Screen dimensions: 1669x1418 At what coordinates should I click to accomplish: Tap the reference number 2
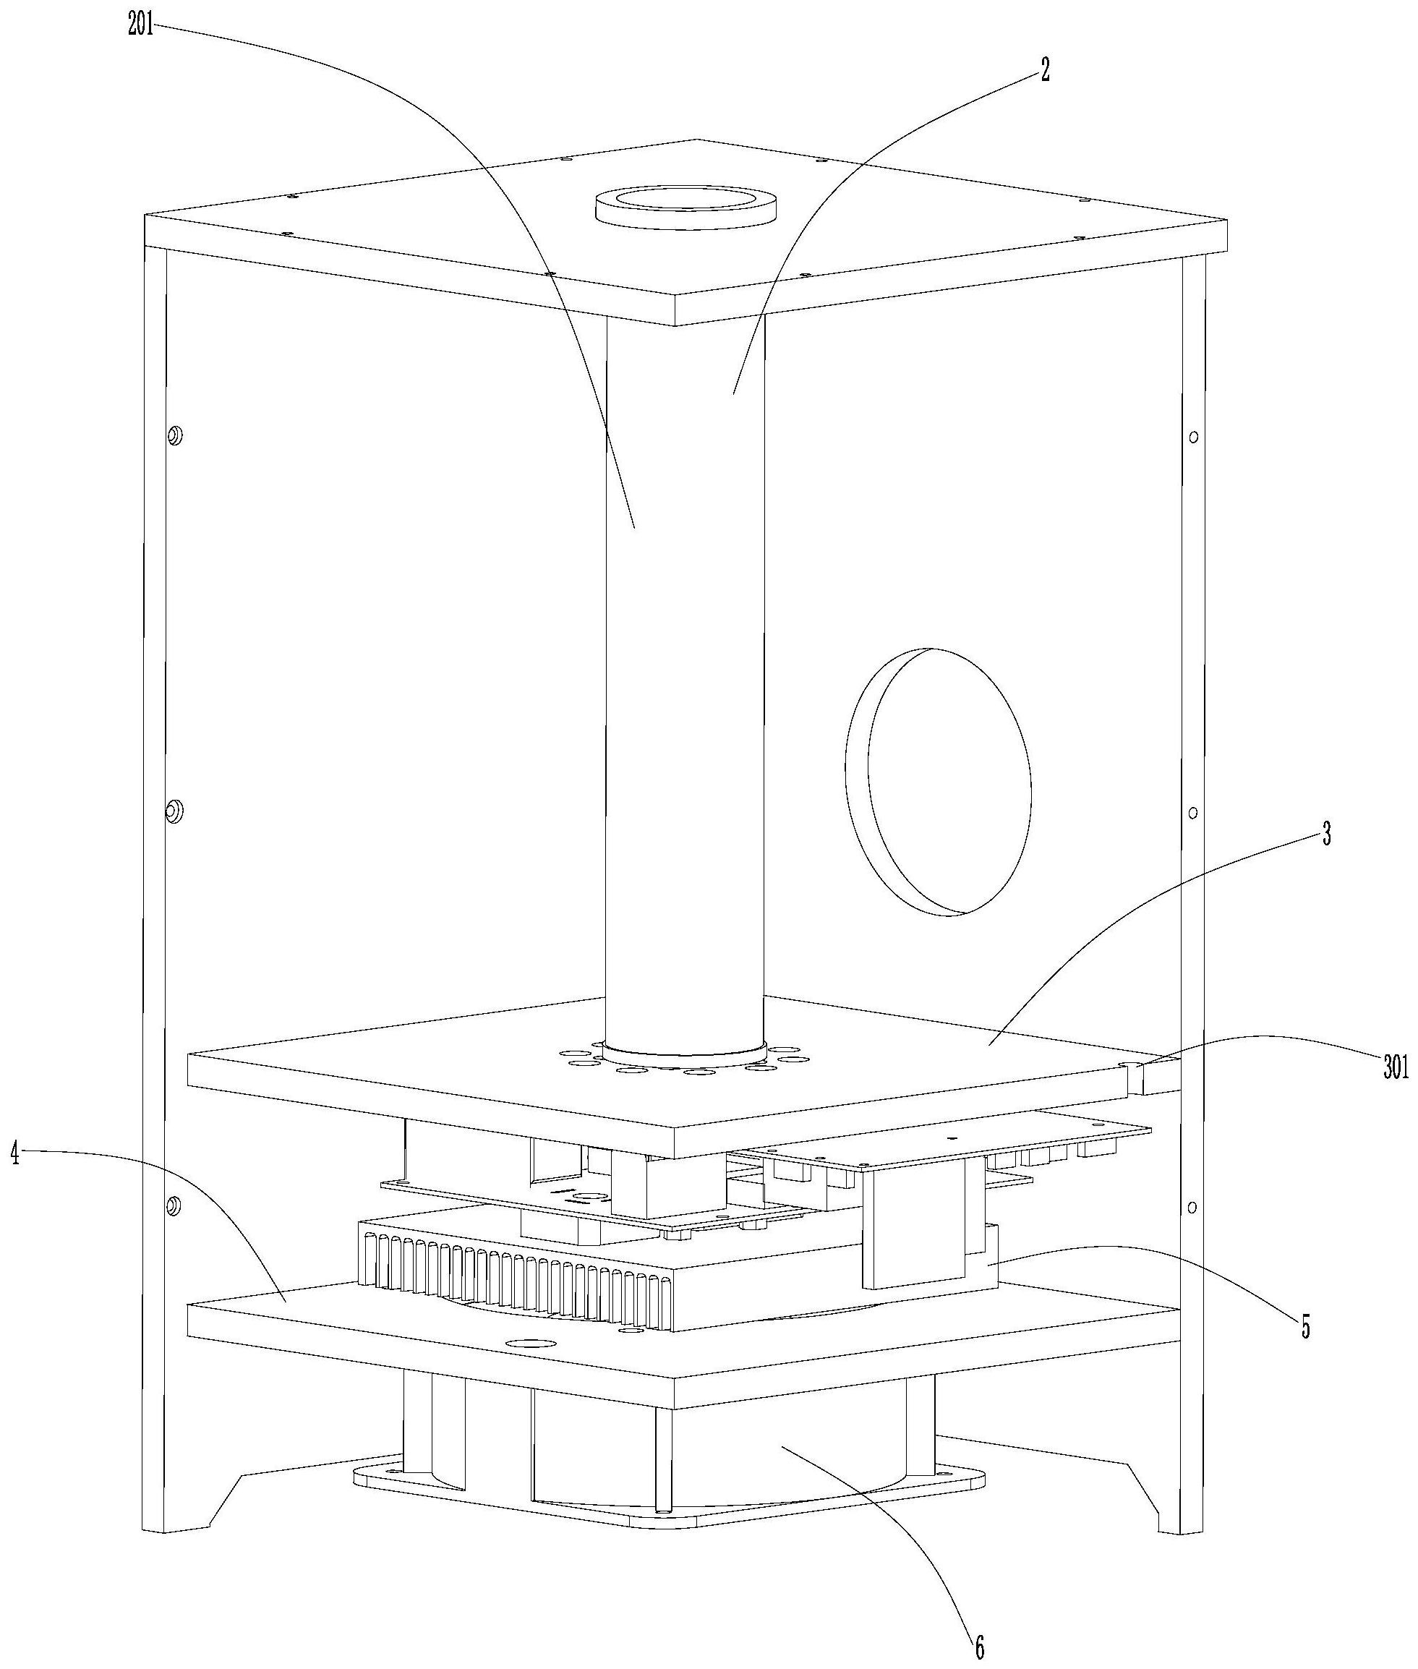coord(1044,71)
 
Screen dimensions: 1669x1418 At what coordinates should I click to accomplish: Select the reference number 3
coord(1325,836)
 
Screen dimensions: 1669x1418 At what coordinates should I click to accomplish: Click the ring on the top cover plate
coord(685,208)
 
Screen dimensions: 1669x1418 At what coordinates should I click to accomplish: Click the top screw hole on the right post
coord(1194,437)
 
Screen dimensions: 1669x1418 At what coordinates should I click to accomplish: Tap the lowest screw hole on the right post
coord(1192,1207)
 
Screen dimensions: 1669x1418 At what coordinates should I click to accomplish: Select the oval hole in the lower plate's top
coord(527,1344)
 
